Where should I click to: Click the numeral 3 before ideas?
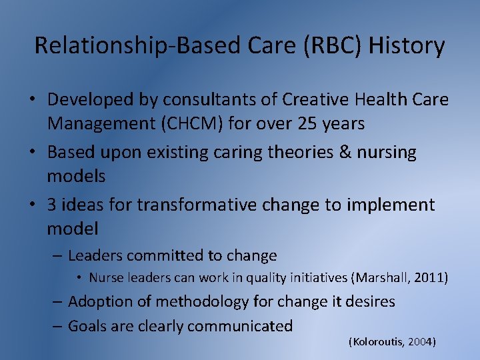point(53,205)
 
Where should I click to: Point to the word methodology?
point(189,301)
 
